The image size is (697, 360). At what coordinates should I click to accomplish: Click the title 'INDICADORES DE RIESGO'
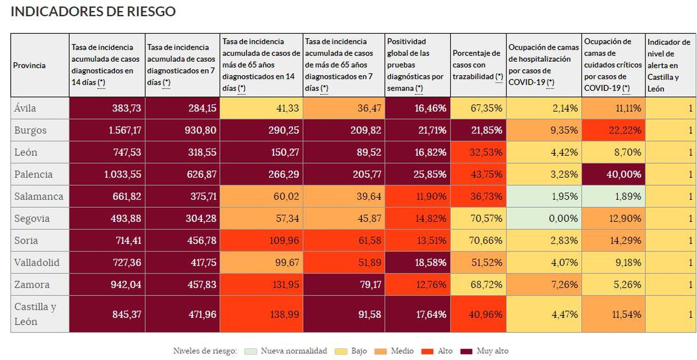(x=93, y=11)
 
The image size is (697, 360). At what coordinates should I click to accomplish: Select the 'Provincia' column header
(x=29, y=65)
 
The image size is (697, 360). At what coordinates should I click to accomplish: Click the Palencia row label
(x=34, y=174)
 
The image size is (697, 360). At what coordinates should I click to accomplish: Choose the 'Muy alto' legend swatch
(x=467, y=351)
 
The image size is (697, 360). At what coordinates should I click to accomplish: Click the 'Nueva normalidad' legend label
(x=294, y=351)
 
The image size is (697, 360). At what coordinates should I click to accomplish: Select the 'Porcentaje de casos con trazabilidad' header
(x=477, y=65)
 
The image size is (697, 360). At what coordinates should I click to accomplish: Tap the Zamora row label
(x=32, y=285)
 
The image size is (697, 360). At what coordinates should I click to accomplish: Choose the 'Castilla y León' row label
(x=35, y=314)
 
